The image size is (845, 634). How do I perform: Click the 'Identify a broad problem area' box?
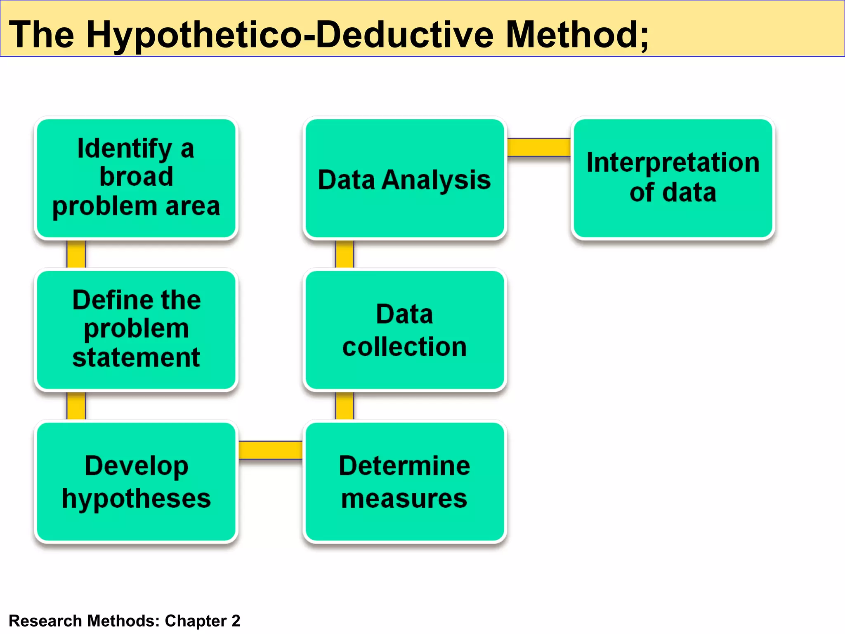tap(136, 178)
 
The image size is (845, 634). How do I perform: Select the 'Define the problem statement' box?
tap(136, 329)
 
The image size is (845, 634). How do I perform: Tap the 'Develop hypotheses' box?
tap(136, 481)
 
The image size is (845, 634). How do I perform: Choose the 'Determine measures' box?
tap(404, 481)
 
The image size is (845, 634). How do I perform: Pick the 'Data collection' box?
tap(404, 329)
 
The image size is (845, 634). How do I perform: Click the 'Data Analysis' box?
tap(404, 178)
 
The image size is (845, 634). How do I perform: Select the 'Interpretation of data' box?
tap(673, 178)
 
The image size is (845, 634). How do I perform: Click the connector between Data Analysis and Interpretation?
tap(539, 147)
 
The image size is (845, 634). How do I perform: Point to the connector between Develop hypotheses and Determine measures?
tap(271, 450)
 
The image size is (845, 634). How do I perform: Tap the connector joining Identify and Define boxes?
tap(76, 254)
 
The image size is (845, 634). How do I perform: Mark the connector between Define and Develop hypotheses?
tap(76, 406)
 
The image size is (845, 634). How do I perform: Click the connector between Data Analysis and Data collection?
tap(345, 254)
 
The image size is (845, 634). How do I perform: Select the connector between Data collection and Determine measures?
tap(345, 406)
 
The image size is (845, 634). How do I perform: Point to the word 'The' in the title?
tap(42, 35)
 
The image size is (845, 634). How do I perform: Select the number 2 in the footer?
tap(236, 621)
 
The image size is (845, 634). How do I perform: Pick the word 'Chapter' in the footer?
tap(196, 621)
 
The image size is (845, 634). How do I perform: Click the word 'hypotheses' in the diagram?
tap(136, 499)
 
